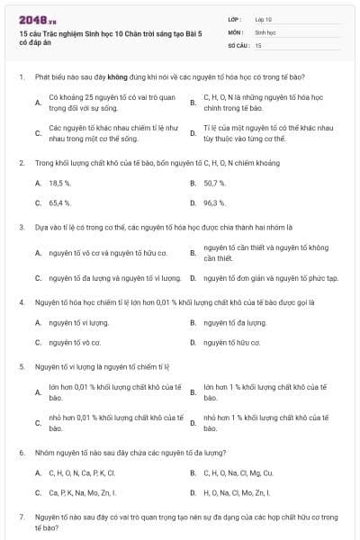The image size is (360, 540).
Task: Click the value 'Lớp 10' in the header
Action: click(x=264, y=19)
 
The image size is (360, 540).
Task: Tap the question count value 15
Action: click(x=258, y=44)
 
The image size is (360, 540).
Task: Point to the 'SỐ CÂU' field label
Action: click(x=238, y=44)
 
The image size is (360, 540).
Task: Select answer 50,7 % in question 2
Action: click(x=214, y=183)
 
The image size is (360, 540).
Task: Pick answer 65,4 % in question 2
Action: click(x=60, y=202)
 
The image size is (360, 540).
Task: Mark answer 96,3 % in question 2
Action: click(x=214, y=202)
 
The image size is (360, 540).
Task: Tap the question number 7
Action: click(x=21, y=517)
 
